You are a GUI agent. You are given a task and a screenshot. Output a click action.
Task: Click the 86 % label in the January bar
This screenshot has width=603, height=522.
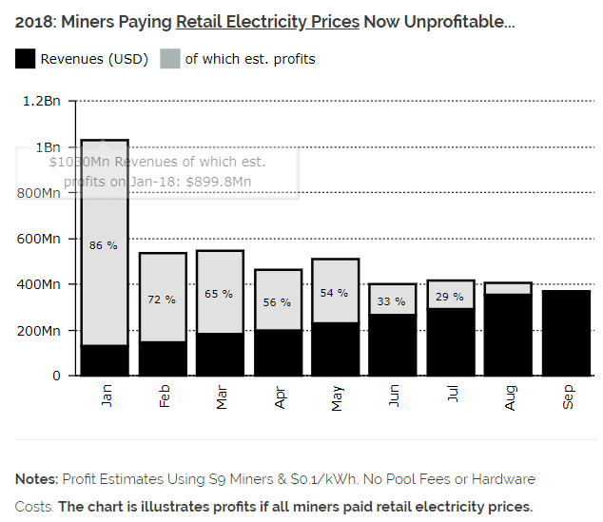click(103, 245)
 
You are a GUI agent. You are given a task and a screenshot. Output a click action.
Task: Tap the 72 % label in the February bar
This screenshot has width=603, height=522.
click(162, 300)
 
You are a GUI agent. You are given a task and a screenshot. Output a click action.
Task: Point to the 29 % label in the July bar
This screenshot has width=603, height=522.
click(450, 298)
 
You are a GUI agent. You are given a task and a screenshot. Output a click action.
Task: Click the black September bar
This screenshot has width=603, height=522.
click(566, 333)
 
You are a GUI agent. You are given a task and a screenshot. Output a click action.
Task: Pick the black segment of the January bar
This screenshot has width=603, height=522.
click(105, 360)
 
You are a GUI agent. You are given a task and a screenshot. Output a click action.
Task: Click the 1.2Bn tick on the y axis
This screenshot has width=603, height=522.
click(43, 101)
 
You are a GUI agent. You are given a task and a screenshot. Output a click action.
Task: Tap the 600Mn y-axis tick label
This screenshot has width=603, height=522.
click(39, 239)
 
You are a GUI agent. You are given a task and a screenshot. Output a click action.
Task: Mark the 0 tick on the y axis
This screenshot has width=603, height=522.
click(56, 376)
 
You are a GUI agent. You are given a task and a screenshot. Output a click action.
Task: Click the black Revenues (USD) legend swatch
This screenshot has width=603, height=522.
click(25, 59)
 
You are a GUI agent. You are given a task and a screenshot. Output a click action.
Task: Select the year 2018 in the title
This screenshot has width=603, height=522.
click(32, 21)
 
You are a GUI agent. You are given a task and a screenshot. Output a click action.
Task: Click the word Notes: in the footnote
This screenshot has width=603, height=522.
click(36, 479)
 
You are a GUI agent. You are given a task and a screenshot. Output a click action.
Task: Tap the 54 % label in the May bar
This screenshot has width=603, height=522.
click(335, 293)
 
